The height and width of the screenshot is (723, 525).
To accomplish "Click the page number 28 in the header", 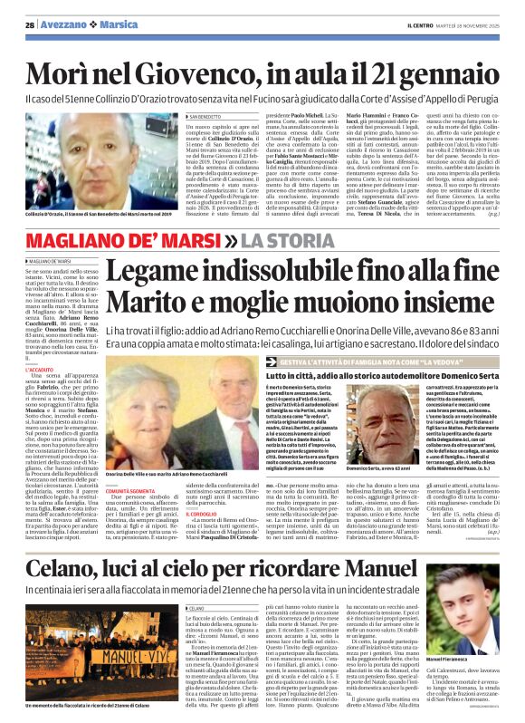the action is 30,24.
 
